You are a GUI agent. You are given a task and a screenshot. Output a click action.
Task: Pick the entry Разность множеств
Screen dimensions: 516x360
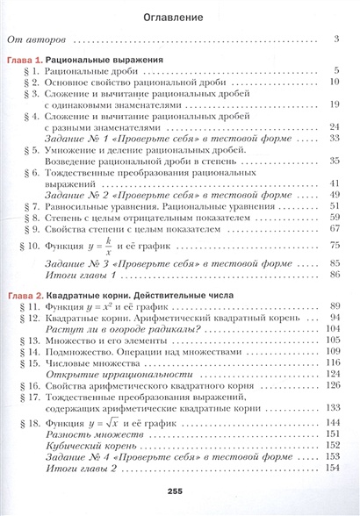90,434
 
